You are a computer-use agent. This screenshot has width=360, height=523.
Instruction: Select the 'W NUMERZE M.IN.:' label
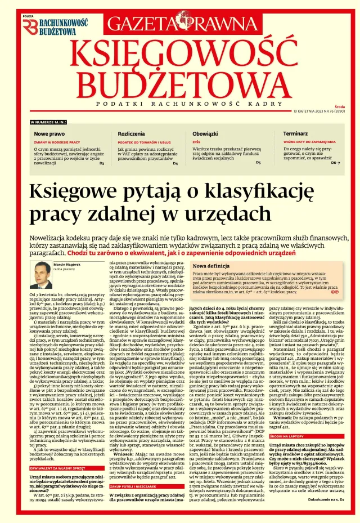pyautogui.click(x=48, y=122)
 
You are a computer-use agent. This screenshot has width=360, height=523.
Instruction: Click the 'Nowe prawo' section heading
pyautogui.click(x=49, y=134)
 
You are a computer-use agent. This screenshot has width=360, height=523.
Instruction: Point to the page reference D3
pyautogui.click(x=101, y=163)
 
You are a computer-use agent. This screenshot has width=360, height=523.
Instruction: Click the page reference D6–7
pyautogui.click(x=335, y=162)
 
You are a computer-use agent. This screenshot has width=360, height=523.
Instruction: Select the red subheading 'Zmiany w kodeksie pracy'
pyautogui.click(x=57, y=142)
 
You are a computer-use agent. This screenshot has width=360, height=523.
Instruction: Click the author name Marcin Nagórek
pyautogui.click(x=67, y=264)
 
